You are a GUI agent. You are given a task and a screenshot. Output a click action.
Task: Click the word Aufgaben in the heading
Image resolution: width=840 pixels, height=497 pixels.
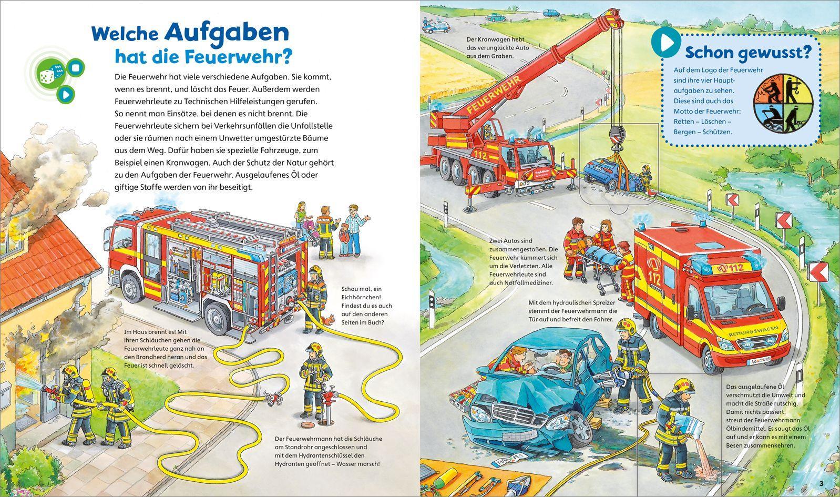coord(227,33)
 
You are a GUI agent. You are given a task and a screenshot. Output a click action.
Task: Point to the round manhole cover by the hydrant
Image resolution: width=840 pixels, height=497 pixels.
coord(306,424)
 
